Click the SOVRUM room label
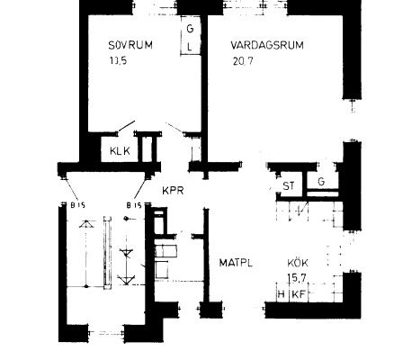(x=130, y=45)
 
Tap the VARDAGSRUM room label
(x=267, y=45)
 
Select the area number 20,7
(x=243, y=61)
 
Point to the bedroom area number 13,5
(x=118, y=61)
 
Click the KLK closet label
(x=120, y=150)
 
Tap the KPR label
(x=173, y=191)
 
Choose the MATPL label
(x=236, y=263)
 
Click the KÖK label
(x=298, y=263)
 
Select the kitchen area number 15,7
(x=297, y=278)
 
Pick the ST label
(x=289, y=186)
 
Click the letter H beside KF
(x=281, y=294)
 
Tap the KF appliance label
(x=299, y=294)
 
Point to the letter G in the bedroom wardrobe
(x=190, y=29)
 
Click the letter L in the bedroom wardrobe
(x=190, y=47)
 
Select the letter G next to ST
(x=321, y=182)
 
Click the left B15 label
(x=78, y=205)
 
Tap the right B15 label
(x=134, y=205)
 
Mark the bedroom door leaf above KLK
(x=126, y=126)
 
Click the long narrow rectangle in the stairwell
(x=107, y=253)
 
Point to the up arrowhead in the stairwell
(x=86, y=224)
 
